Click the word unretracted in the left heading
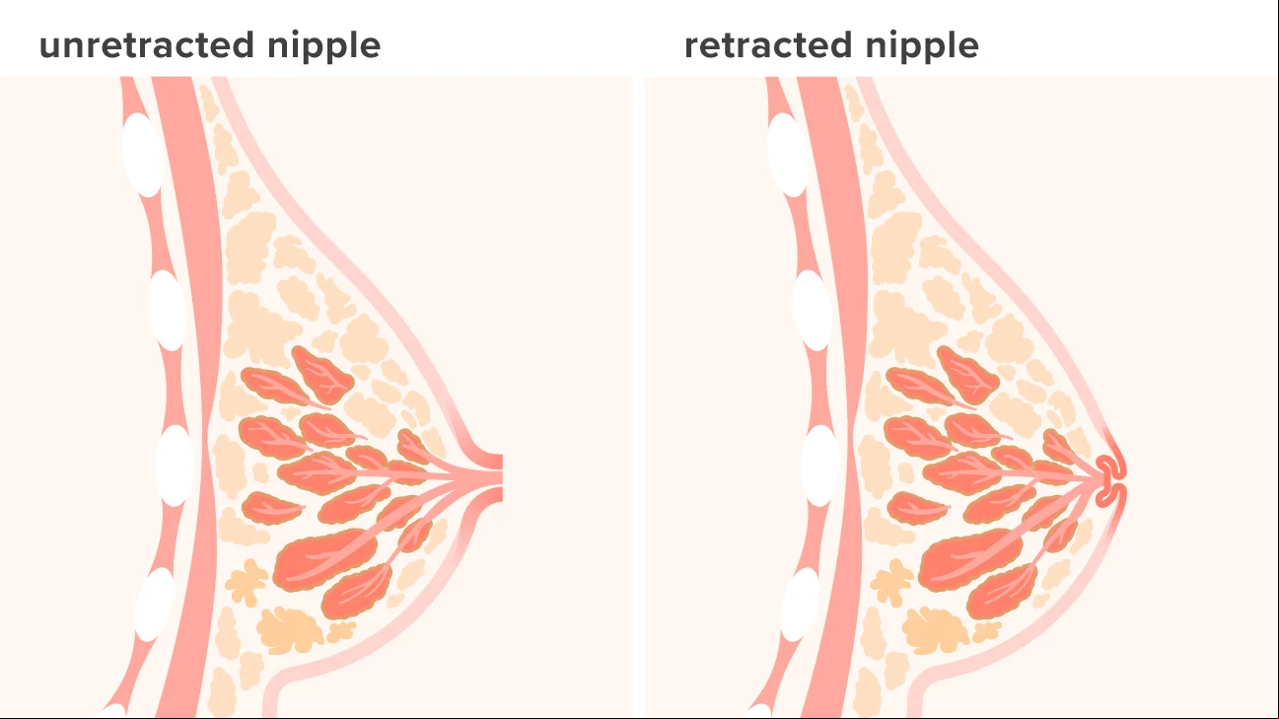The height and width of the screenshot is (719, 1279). pos(147,45)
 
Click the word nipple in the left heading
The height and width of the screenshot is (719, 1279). pos(324,46)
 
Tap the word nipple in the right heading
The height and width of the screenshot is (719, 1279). pos(923,46)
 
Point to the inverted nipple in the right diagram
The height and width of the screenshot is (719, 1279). pos(1108,480)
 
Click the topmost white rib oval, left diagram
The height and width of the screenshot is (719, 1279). pos(142,154)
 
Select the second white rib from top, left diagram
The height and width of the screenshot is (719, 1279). pos(167,310)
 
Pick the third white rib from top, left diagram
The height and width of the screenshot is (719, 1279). pos(175,465)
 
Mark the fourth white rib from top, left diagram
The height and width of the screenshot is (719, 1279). pos(154,605)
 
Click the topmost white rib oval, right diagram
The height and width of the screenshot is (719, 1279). pos(787,154)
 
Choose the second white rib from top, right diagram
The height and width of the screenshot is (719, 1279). pos(812,310)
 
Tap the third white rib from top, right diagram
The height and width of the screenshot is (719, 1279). pos(819,465)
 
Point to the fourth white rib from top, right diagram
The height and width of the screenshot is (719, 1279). pos(800,605)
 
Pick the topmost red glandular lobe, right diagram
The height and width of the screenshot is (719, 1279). pos(966,375)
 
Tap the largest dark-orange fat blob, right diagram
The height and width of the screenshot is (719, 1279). pos(935,630)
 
